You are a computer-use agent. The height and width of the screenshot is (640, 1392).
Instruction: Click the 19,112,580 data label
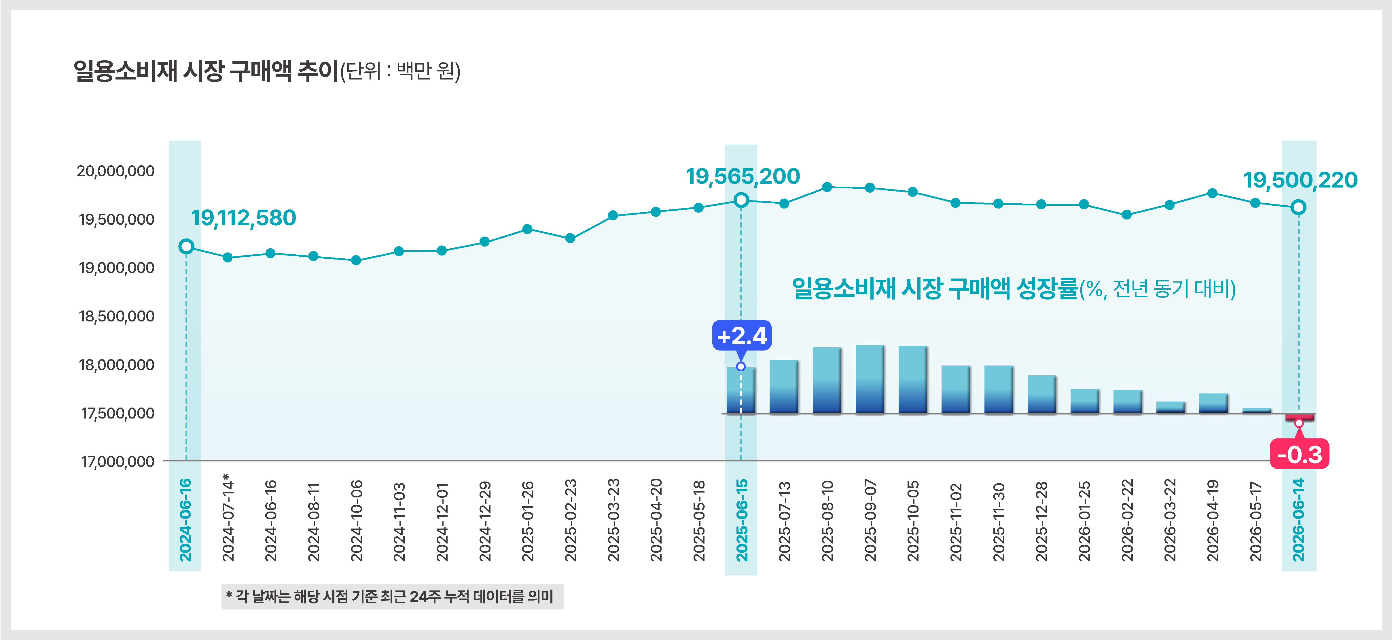pyautogui.click(x=243, y=218)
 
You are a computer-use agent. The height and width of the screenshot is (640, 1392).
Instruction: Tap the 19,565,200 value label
pyautogui.click(x=743, y=176)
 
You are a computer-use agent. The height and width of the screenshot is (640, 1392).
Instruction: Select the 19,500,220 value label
pyautogui.click(x=1300, y=180)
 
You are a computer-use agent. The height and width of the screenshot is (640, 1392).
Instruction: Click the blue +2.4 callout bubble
pyautogui.click(x=741, y=336)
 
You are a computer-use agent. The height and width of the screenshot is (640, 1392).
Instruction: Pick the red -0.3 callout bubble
pyautogui.click(x=1299, y=454)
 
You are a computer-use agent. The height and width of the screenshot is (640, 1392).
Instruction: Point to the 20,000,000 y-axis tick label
pyautogui.click(x=115, y=171)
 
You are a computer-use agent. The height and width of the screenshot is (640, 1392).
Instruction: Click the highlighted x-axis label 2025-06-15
pyautogui.click(x=741, y=520)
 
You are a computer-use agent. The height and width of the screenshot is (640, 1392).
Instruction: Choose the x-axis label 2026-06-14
pyautogui.click(x=1298, y=520)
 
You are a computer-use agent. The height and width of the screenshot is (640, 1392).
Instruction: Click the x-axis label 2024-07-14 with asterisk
pyautogui.click(x=228, y=518)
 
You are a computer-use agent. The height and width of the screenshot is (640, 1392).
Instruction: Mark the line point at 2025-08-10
pyautogui.click(x=827, y=187)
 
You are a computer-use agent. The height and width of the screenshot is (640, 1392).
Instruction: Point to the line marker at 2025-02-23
pyautogui.click(x=569, y=238)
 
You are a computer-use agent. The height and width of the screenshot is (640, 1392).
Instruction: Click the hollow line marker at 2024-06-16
pyautogui.click(x=186, y=247)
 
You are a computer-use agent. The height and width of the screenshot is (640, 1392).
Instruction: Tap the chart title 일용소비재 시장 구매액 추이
pyautogui.click(x=206, y=71)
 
